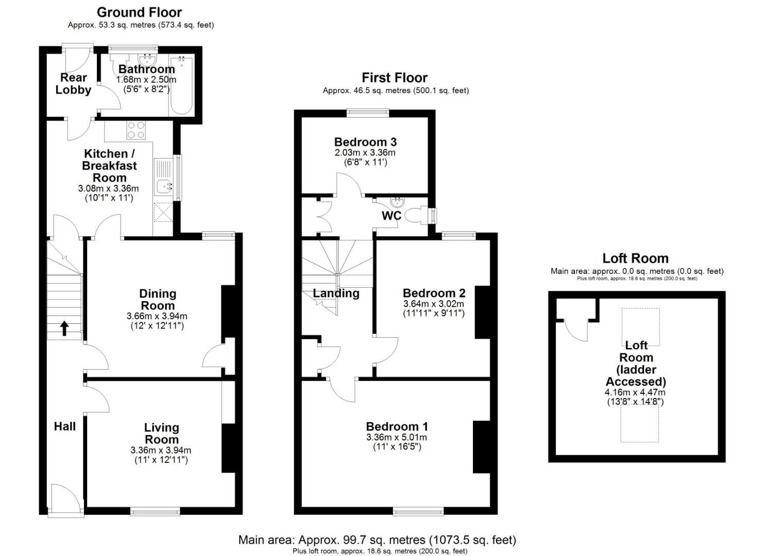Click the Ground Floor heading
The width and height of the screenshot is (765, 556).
139,13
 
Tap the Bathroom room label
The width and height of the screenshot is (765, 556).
146,69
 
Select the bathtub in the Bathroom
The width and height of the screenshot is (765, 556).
181,86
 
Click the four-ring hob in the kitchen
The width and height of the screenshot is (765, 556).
137,130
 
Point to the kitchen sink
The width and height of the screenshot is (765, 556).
164,186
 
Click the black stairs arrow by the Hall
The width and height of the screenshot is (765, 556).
64,328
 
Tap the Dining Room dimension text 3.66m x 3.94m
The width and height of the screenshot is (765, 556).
157,316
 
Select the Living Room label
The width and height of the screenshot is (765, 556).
161,433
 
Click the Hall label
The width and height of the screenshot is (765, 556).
64,426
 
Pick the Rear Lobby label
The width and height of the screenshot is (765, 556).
74,83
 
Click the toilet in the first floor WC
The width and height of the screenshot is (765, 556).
417,215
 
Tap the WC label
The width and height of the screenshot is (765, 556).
392,216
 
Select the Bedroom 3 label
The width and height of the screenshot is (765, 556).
365,142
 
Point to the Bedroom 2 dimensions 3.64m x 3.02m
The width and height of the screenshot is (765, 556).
434,303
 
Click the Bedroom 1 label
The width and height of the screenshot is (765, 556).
397,426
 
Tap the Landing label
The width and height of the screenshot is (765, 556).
336,293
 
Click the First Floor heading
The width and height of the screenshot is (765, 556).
395,78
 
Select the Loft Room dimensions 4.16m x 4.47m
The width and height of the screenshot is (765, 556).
635,392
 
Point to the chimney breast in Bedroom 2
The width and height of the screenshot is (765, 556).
483,312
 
